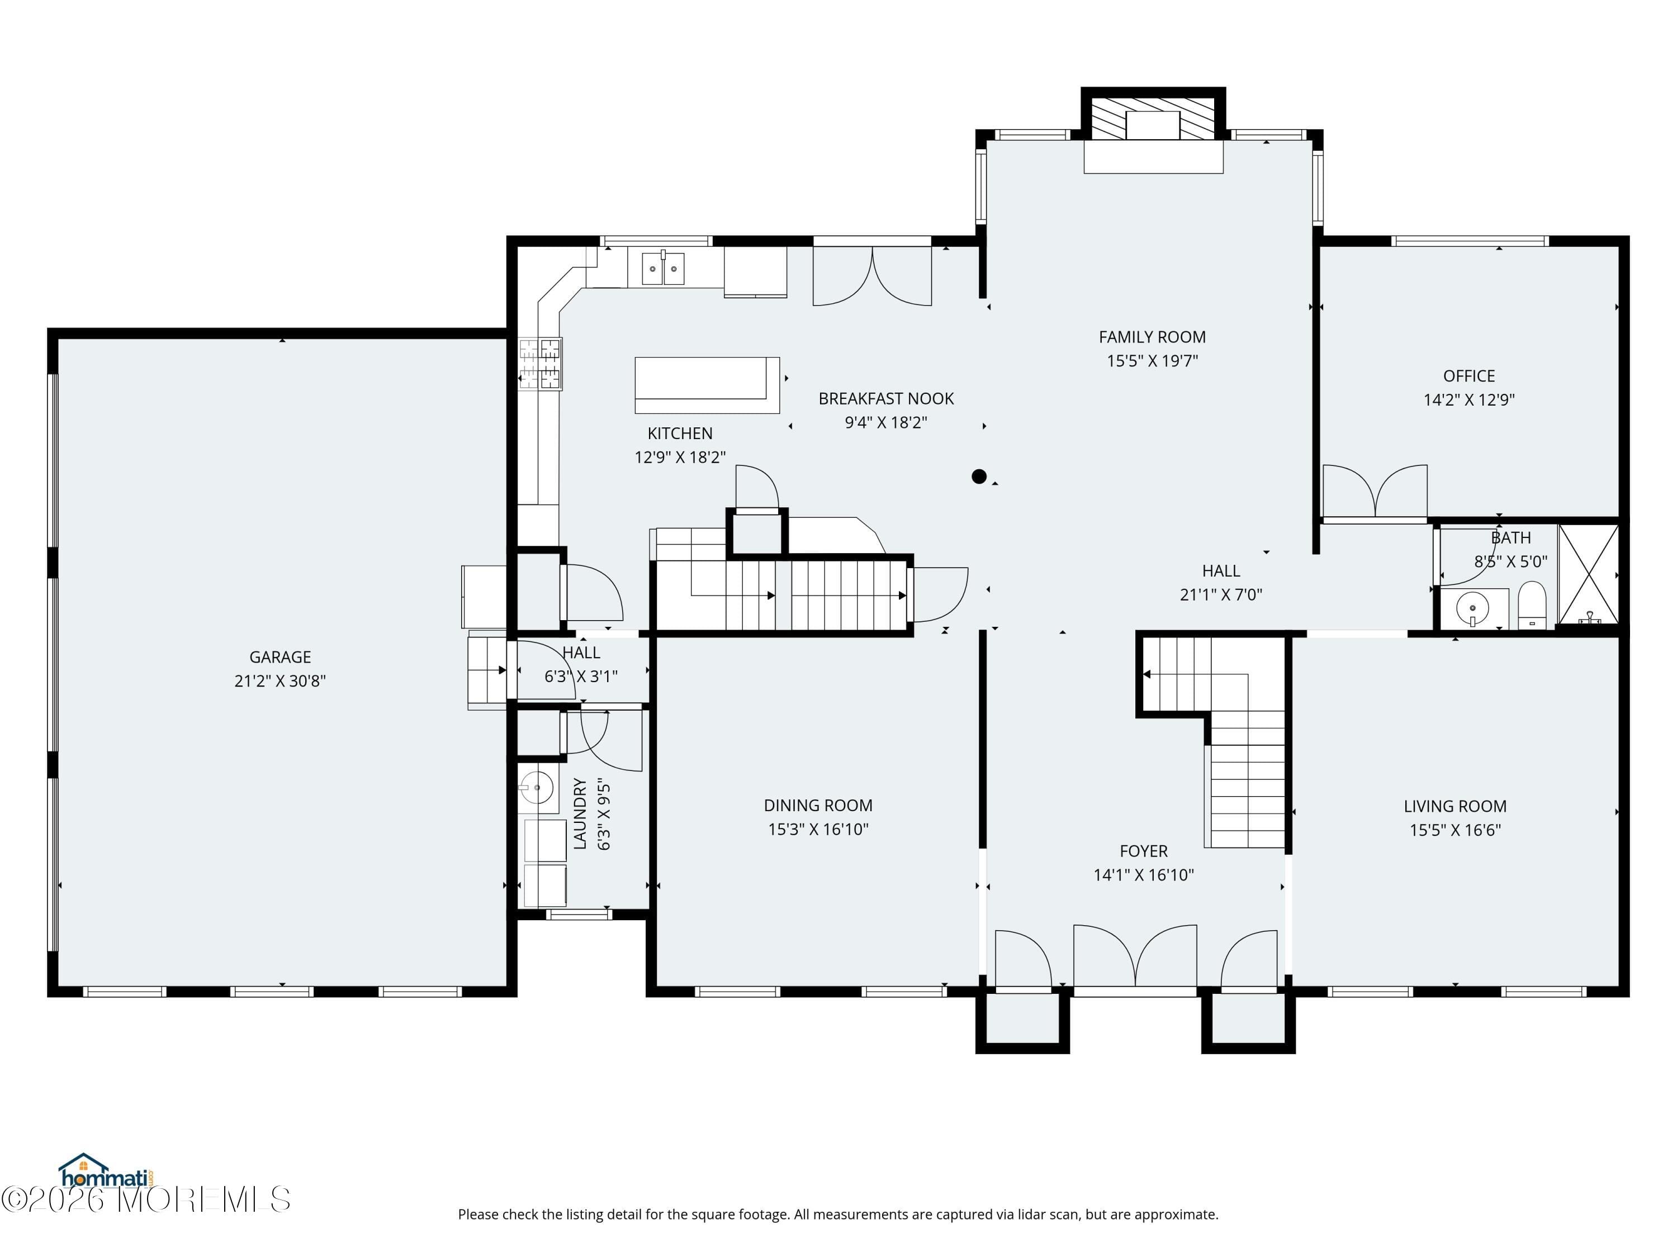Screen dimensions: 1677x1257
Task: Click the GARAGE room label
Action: click(x=279, y=657)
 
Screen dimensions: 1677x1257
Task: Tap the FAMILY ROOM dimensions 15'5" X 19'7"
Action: click(x=1152, y=361)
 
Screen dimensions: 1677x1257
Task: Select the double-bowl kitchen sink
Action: click(x=664, y=268)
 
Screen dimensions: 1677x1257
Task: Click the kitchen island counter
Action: click(x=707, y=385)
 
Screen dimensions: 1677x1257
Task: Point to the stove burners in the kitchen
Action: click(x=540, y=364)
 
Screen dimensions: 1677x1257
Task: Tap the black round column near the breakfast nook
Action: click(x=979, y=477)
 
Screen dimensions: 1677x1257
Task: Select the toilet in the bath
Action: click(x=1532, y=604)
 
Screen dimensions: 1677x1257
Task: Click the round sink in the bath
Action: click(x=1473, y=608)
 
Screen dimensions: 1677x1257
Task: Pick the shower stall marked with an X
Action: click(x=1588, y=575)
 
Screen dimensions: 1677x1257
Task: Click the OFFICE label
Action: click(x=1469, y=376)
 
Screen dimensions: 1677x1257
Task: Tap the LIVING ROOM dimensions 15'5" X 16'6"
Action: click(x=1455, y=830)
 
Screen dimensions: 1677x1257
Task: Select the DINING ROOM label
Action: click(x=818, y=806)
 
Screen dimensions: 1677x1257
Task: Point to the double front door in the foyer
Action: click(x=1135, y=956)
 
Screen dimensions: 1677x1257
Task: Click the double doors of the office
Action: click(x=1375, y=493)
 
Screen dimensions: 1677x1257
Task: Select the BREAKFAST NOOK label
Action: click(x=886, y=398)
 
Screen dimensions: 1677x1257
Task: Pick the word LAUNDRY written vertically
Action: click(x=580, y=813)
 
